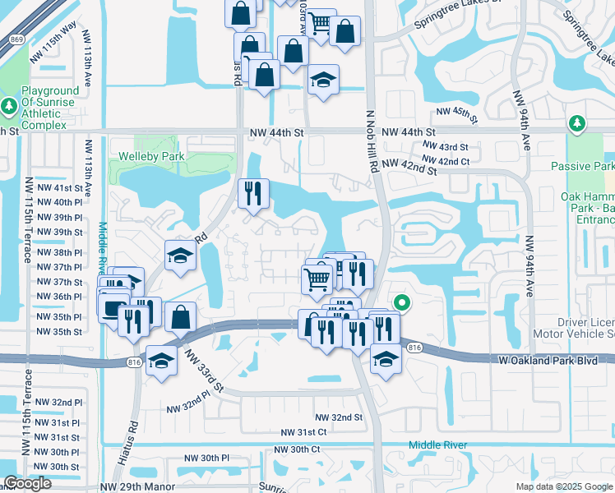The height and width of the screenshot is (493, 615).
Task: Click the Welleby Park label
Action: pyautogui.click(x=151, y=156)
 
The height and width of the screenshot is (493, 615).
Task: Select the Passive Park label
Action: pyautogui.click(x=583, y=166)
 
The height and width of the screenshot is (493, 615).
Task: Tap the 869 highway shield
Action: pyautogui.click(x=15, y=39)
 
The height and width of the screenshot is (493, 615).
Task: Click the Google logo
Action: pyautogui.click(x=26, y=483)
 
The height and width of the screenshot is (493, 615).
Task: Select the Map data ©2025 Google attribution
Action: pyautogui.click(x=564, y=486)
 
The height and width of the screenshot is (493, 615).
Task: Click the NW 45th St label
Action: pyautogui.click(x=456, y=113)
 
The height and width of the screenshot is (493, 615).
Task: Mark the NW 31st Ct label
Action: pyautogui.click(x=303, y=432)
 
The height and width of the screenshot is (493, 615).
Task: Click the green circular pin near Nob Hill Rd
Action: pyautogui.click(x=402, y=302)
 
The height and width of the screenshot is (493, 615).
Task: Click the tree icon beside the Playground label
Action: pyautogui.click(x=10, y=106)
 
